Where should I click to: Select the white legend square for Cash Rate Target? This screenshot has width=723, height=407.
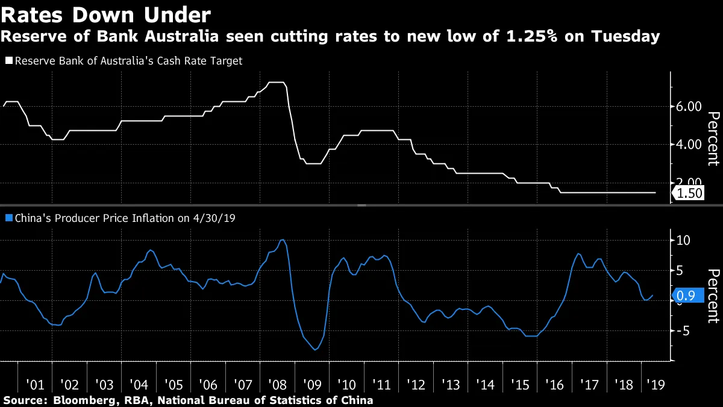8,61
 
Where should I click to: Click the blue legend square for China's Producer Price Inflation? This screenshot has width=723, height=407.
8,218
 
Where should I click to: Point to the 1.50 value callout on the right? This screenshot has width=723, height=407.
688,193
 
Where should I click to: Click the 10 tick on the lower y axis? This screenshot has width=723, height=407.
683,240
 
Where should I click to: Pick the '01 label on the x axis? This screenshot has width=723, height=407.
35,384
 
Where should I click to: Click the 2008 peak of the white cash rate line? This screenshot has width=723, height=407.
276,82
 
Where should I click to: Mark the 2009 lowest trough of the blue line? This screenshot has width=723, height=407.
315,349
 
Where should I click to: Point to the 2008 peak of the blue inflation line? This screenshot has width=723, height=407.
283,240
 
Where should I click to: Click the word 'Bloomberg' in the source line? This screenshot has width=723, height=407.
80,400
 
